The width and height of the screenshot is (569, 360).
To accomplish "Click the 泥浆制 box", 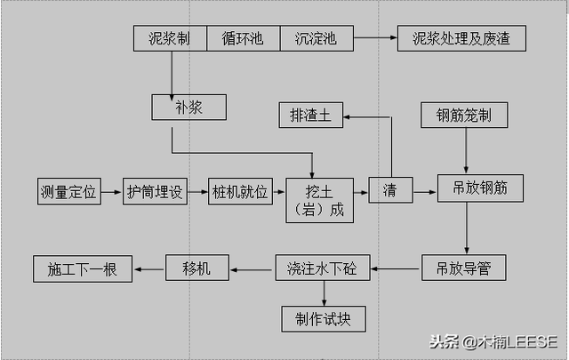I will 171,39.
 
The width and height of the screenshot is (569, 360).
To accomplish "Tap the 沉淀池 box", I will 317,39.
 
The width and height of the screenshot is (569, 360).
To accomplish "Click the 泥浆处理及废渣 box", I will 469,39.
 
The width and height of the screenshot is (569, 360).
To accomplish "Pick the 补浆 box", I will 188,108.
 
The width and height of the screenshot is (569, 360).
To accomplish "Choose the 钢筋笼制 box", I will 471,116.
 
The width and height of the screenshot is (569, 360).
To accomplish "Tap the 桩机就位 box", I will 239,192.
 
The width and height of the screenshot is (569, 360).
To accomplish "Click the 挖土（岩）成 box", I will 318,201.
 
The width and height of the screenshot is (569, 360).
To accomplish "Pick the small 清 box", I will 390,191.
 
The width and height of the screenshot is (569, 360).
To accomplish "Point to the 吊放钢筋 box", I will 480,188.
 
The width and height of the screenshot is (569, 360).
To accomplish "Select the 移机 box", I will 196,268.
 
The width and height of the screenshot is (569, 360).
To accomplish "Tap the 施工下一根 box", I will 82,268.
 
